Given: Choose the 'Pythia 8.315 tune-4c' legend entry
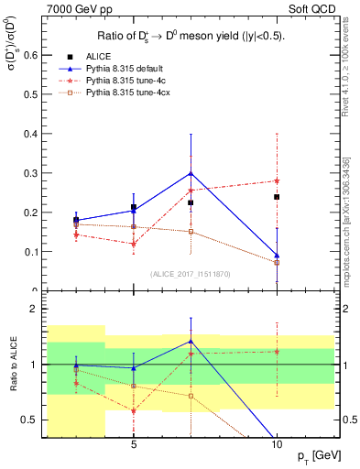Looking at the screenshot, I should tap(124, 81).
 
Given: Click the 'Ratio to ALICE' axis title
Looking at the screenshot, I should tap(13, 365).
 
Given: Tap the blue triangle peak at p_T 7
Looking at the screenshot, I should tap(191, 172).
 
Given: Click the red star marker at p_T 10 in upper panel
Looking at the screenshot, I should tap(277, 180).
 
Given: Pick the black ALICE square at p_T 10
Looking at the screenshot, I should tap(277, 197).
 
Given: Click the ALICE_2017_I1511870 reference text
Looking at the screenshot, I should tap(191, 274).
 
